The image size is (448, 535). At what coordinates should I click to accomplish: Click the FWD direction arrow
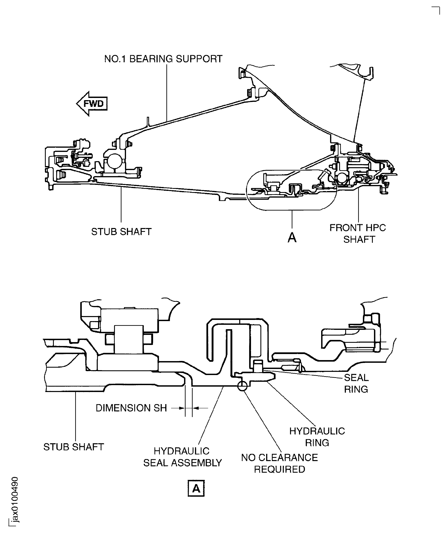(92, 104)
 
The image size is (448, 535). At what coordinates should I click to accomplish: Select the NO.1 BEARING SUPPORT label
(163, 59)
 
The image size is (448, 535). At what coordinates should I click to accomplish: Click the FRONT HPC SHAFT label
(358, 233)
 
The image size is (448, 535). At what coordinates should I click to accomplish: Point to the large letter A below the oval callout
(292, 238)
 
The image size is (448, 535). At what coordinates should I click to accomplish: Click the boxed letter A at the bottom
(196, 488)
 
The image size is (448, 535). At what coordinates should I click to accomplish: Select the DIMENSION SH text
(131, 408)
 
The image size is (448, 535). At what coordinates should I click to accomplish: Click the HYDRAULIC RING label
(317, 437)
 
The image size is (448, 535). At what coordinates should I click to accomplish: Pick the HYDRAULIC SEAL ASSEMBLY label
(182, 457)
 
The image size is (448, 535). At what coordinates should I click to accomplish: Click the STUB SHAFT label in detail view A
(74, 447)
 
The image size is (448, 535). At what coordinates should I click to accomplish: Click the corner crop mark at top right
(437, 10)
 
